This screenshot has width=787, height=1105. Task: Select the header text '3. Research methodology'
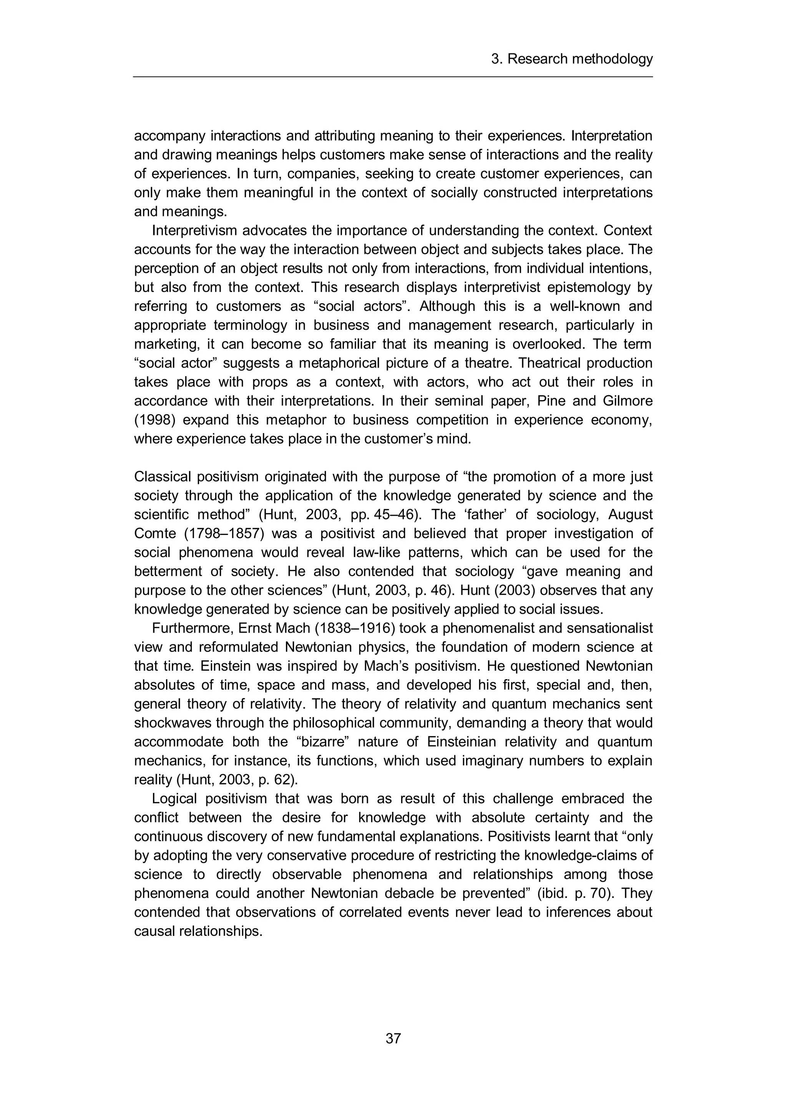572,59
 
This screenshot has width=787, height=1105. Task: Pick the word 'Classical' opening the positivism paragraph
162,477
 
